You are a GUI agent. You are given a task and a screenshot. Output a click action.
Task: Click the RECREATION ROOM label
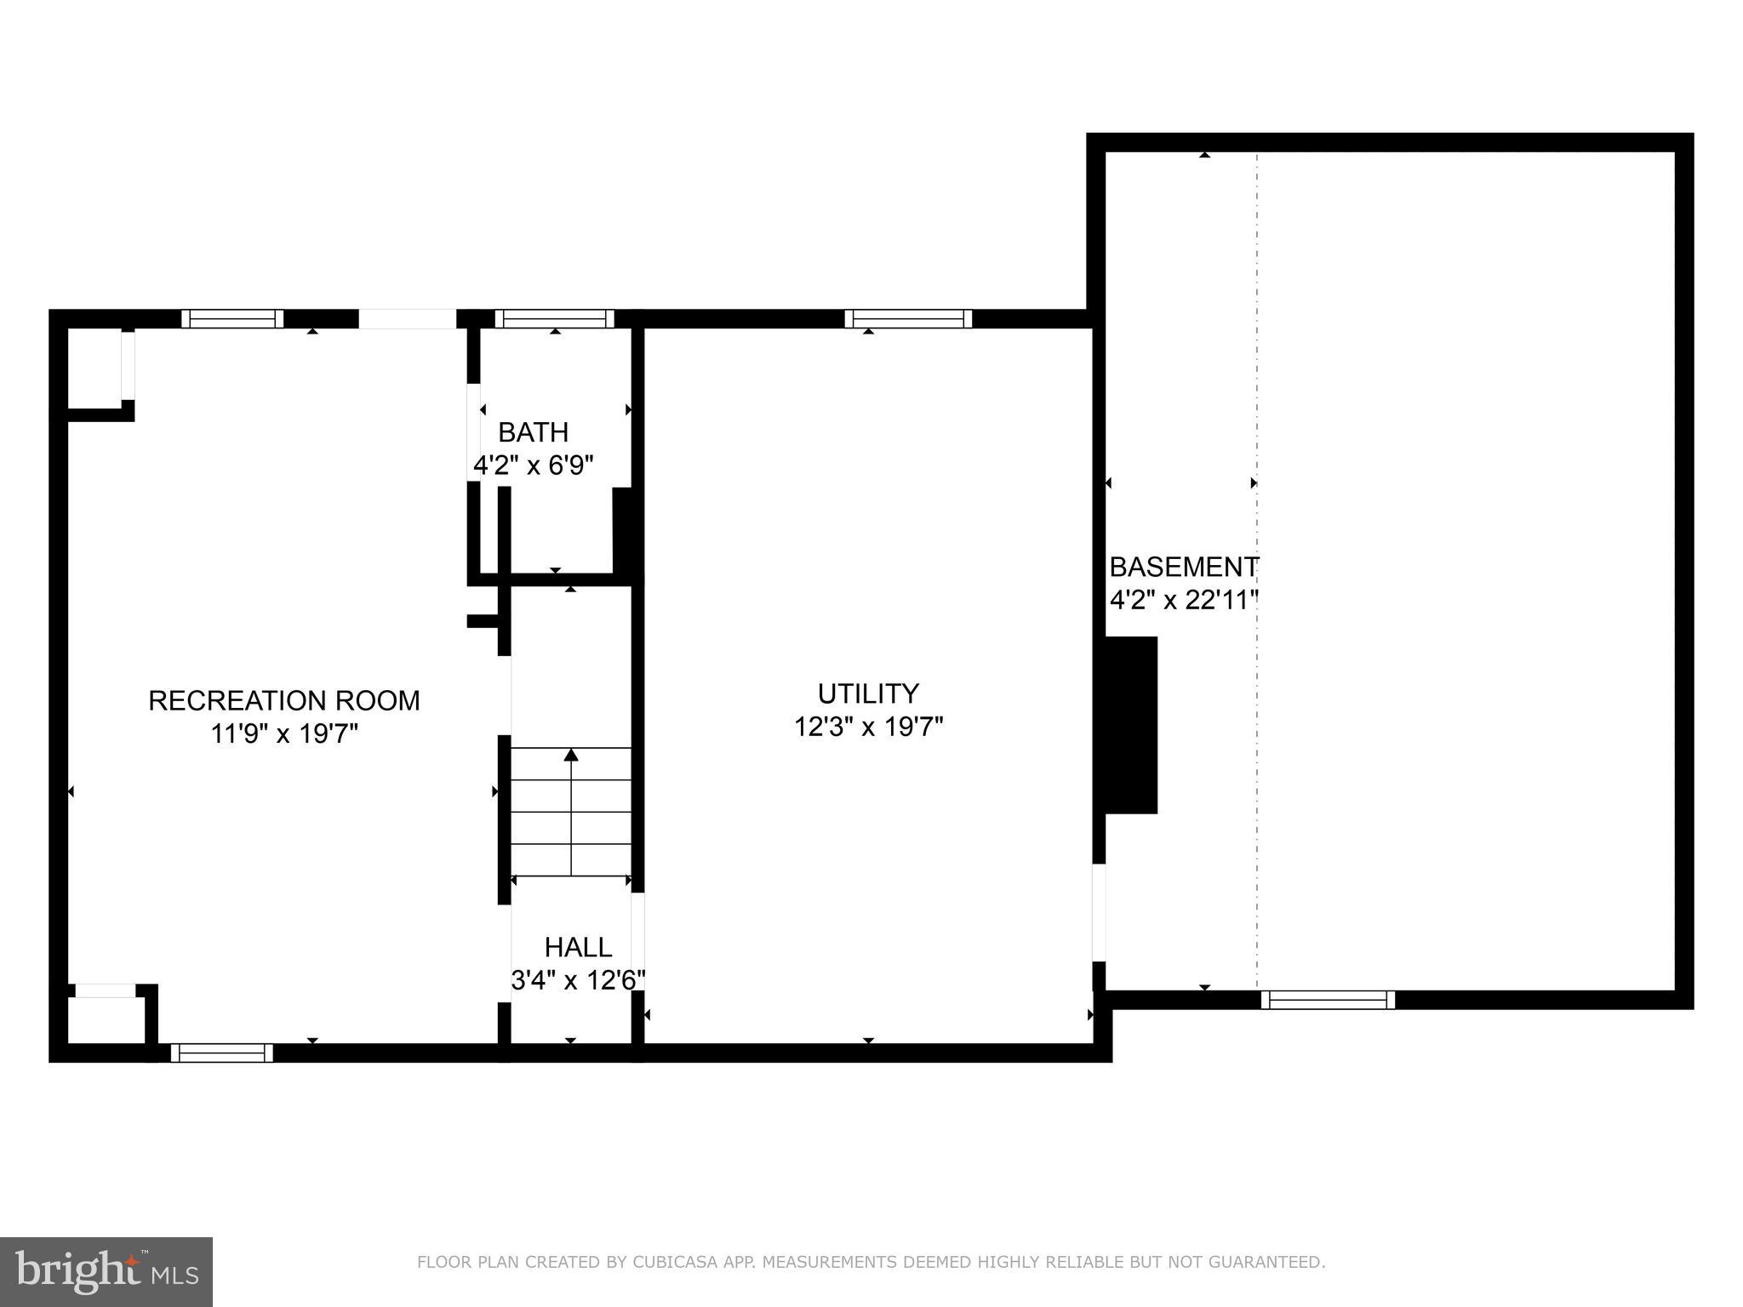click(x=283, y=700)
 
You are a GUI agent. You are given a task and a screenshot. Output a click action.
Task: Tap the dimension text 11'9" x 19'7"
click(x=283, y=733)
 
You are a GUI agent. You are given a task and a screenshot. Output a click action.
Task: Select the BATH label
click(x=533, y=432)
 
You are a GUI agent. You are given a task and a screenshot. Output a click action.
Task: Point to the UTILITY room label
click(x=868, y=693)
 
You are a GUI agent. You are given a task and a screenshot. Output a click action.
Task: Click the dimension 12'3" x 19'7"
click(x=868, y=727)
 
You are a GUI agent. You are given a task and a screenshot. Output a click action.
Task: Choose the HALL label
click(x=578, y=947)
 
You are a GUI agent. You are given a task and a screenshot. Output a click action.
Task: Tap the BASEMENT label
click(x=1183, y=567)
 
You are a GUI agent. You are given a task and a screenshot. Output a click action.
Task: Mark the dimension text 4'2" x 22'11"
click(x=1183, y=600)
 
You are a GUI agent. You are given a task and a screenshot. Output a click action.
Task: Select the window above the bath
click(x=554, y=319)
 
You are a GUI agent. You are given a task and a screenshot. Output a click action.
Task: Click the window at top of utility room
click(x=908, y=319)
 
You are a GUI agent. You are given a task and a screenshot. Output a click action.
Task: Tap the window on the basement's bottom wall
click(x=1327, y=1000)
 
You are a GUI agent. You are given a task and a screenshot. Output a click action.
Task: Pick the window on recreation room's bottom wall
click(x=222, y=1053)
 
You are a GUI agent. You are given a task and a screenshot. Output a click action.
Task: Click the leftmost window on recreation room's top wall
click(x=232, y=319)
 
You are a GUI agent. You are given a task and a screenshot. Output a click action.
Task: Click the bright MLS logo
click(x=106, y=1271)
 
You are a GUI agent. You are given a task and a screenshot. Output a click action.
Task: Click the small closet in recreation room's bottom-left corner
click(x=106, y=1018)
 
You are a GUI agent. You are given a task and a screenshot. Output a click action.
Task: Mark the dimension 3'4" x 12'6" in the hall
click(x=578, y=980)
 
